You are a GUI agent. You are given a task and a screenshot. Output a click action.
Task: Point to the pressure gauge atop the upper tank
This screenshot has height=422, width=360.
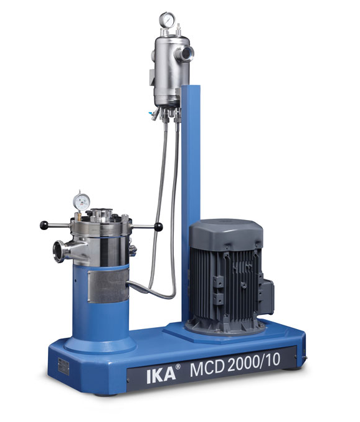coord(166,19)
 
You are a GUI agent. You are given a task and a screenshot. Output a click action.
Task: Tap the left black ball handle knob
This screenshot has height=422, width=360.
coord(44,225)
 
